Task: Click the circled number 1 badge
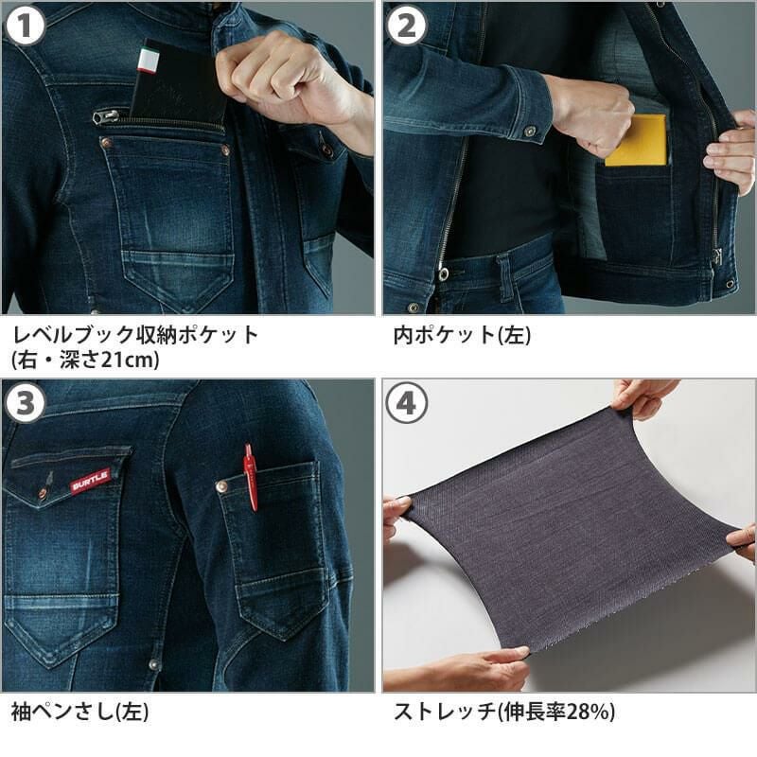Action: (x=26, y=26)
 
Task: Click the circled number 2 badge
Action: (x=407, y=26)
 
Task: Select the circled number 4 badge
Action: (x=407, y=404)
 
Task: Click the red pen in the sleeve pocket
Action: (x=251, y=477)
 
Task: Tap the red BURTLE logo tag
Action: (x=91, y=481)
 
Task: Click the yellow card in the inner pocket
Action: (x=636, y=140)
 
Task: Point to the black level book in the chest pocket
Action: (x=180, y=82)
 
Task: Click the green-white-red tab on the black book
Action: (x=149, y=61)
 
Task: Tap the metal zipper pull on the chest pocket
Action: (x=106, y=116)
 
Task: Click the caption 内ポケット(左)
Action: (x=462, y=335)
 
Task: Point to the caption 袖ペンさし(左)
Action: (x=79, y=712)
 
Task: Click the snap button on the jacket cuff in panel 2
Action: (x=530, y=131)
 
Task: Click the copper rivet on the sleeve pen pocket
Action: (x=222, y=486)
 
